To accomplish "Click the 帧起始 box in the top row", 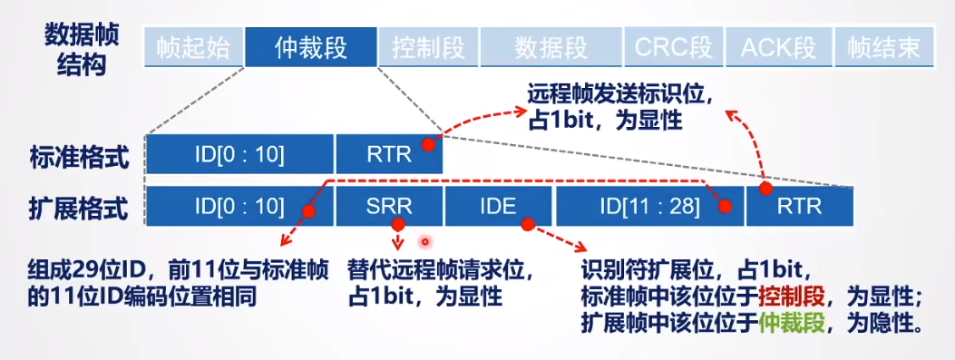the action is click(x=193, y=47).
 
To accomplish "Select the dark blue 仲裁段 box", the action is click(x=310, y=47).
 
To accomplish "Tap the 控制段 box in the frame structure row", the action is click(x=428, y=47).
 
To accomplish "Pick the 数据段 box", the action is click(x=551, y=47).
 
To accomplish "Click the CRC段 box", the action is click(x=673, y=47).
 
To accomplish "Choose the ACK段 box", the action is click(x=778, y=47).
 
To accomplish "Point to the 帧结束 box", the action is click(x=883, y=47).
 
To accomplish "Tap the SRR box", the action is click(x=389, y=206).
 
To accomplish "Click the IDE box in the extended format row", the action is click(x=499, y=206).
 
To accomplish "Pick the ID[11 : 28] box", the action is click(x=650, y=206).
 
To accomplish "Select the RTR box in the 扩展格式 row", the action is click(x=800, y=206).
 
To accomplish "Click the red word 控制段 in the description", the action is click(x=792, y=297).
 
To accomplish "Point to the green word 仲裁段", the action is click(x=792, y=323).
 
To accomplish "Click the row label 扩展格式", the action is click(x=80, y=209).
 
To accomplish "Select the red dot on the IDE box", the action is click(x=528, y=225).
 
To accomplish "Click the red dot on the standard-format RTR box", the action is click(x=429, y=144).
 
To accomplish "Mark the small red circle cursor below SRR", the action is click(x=425, y=242).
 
